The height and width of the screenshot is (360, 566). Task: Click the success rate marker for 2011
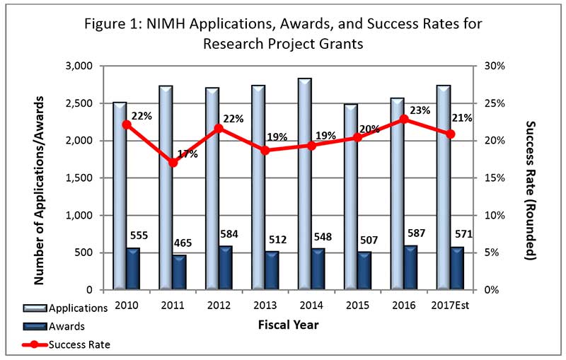[x=173, y=163]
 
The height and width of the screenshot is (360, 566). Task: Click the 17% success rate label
[x=187, y=153]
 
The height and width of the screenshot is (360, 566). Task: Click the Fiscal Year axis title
[x=289, y=325]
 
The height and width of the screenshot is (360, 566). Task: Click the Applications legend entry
[x=78, y=308]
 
